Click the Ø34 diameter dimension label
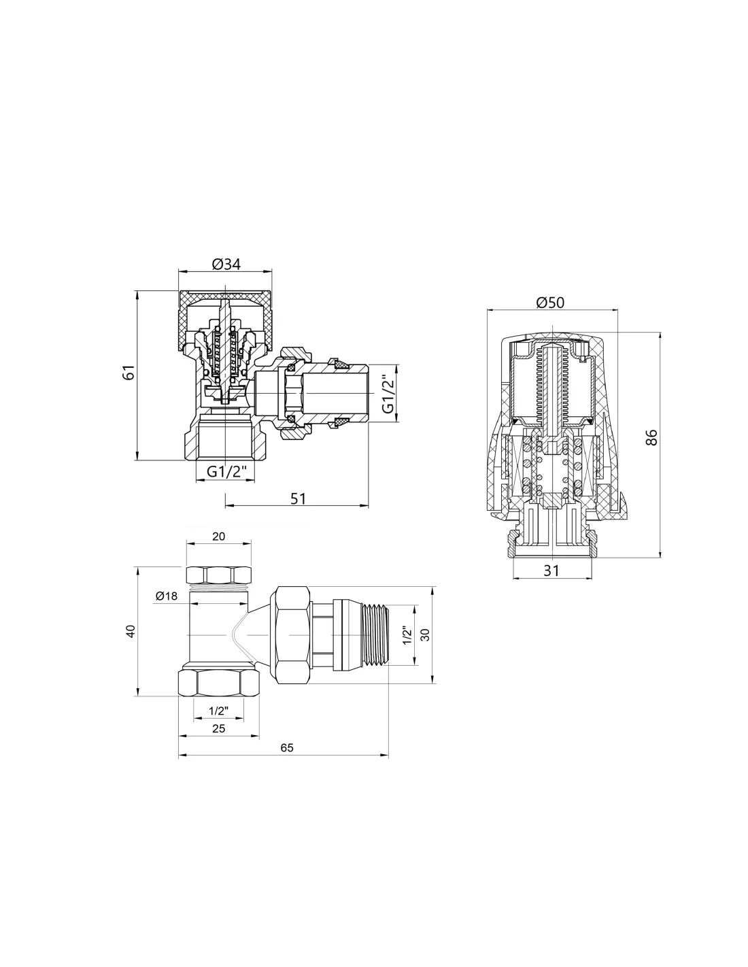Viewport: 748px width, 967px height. pyautogui.click(x=226, y=264)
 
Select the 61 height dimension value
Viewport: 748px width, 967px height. pyautogui.click(x=128, y=372)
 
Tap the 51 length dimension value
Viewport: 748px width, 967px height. pyautogui.click(x=298, y=498)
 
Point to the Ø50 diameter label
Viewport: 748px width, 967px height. pyautogui.click(x=550, y=302)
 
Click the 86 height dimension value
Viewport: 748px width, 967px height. pyautogui.click(x=651, y=437)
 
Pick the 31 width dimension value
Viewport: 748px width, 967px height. pyautogui.click(x=551, y=570)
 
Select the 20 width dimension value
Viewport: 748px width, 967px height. pyautogui.click(x=218, y=537)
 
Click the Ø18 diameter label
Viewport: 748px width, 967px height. pyautogui.click(x=167, y=596)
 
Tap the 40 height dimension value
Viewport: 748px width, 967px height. pyautogui.click(x=131, y=631)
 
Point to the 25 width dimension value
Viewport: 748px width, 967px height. pyautogui.click(x=218, y=728)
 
